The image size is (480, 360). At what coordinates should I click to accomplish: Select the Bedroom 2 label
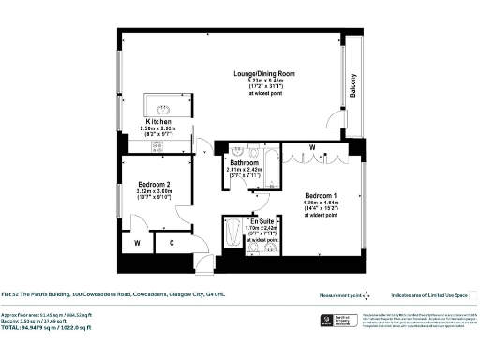154,184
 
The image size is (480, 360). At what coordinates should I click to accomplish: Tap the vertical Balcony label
353,85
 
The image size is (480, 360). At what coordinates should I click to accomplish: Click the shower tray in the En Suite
232,234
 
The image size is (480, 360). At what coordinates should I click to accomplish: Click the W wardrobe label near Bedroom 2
138,244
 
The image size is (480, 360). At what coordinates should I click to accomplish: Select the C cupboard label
171,244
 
